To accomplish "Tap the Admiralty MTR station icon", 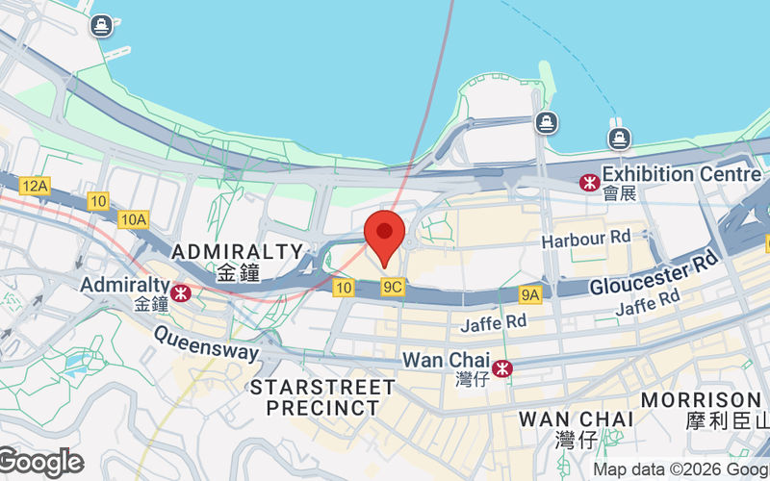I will click(180, 290).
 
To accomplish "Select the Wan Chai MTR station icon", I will click(501, 367).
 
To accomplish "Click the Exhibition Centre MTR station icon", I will click(587, 182).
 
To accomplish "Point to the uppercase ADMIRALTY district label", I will click(237, 252).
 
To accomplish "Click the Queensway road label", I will click(206, 345).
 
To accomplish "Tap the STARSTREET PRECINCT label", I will click(322, 397).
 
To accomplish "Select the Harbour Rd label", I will click(585, 238).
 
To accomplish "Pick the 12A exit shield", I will click(35, 185).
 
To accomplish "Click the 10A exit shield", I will click(134, 219).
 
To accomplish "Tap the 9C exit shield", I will click(392, 287).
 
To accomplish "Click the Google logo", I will click(40, 463).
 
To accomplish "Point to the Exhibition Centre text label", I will click(681, 175).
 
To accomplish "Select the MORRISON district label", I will click(701, 399).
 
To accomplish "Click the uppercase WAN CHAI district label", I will click(576, 419).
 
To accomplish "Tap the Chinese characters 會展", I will click(620, 193).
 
